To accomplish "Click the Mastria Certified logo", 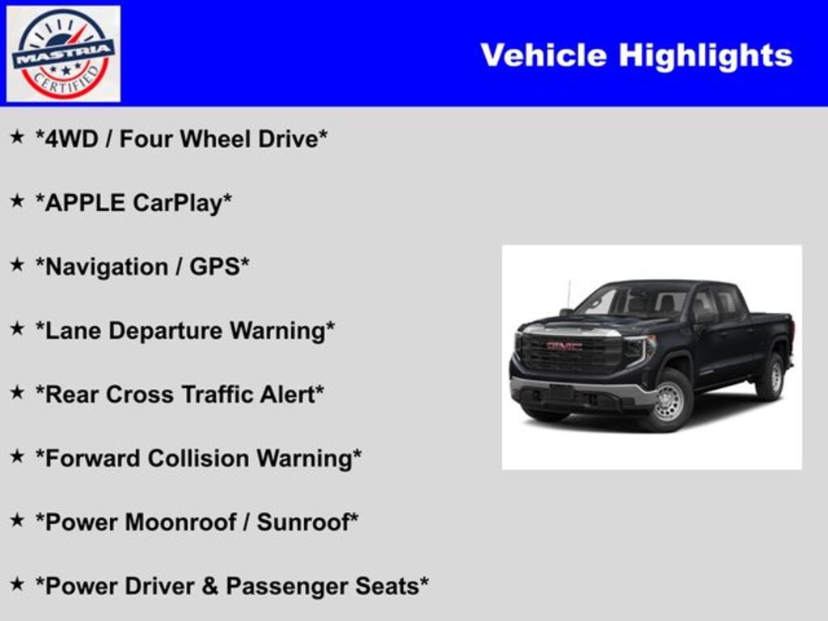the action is [63, 54].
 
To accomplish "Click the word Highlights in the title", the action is [705, 56].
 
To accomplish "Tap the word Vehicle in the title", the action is [544, 55].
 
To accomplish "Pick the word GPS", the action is [214, 267].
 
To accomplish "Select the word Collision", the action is [198, 459].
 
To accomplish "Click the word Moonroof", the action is [180, 523].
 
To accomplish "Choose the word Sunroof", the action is [303, 523].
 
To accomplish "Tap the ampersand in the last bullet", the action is [210, 587].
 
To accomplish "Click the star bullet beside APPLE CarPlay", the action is [18, 201].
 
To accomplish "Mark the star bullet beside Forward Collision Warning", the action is [18, 456].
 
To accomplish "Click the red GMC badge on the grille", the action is [564, 346].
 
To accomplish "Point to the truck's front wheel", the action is [670, 400].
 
